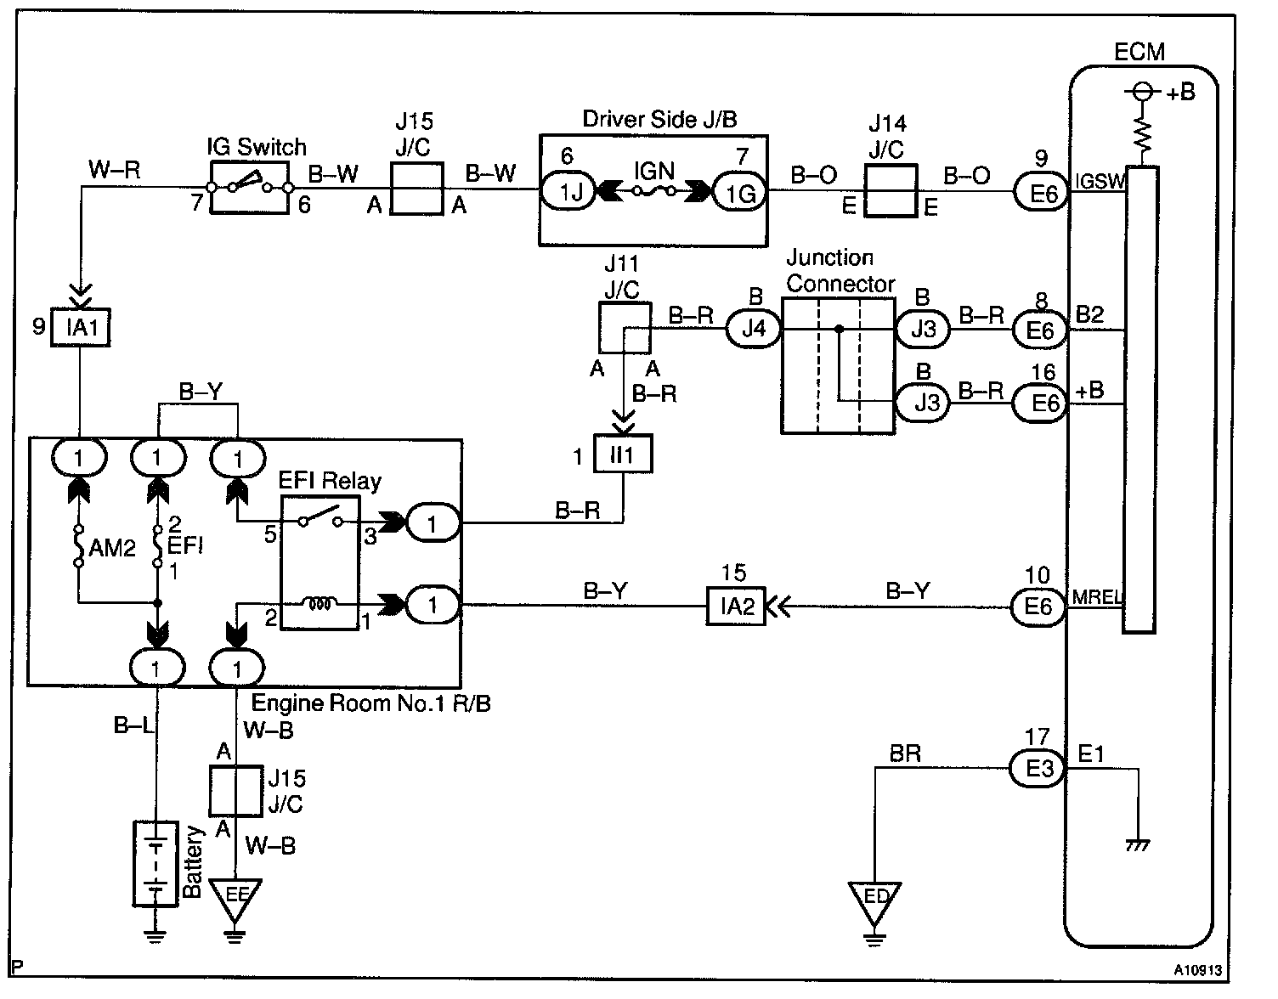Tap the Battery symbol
tap(156, 863)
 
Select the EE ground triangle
tap(235, 898)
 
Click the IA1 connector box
tap(82, 328)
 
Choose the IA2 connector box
tap(736, 607)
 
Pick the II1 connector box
tap(623, 455)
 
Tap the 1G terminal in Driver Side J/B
tap(740, 193)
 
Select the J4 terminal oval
tap(753, 329)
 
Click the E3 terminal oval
tap(1038, 770)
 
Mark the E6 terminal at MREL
tap(1038, 607)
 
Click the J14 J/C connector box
tap(890, 191)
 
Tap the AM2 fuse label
tap(112, 549)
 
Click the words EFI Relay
tap(330, 481)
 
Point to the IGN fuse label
tap(654, 172)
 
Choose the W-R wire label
tap(114, 171)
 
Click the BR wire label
tap(905, 753)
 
